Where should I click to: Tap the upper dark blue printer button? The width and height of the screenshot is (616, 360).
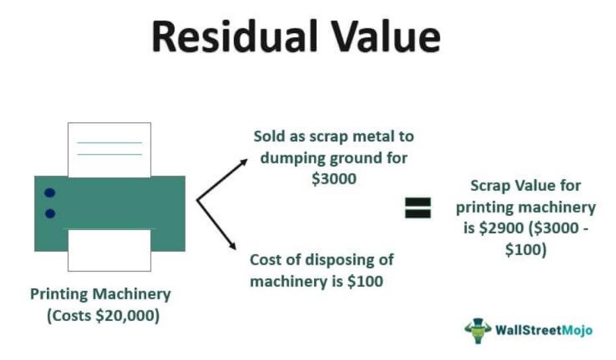(50, 193)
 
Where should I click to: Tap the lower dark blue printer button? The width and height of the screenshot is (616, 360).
(50, 213)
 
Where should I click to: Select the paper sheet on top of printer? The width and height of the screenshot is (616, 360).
(109, 149)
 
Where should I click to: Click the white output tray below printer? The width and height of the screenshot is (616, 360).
(109, 250)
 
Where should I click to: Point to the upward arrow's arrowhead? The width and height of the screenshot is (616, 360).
(245, 161)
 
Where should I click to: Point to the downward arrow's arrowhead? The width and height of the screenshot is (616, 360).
(233, 246)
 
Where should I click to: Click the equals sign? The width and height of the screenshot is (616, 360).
(418, 207)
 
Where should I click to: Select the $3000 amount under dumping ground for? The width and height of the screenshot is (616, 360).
(334, 178)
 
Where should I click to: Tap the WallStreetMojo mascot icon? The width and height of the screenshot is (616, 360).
(478, 330)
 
